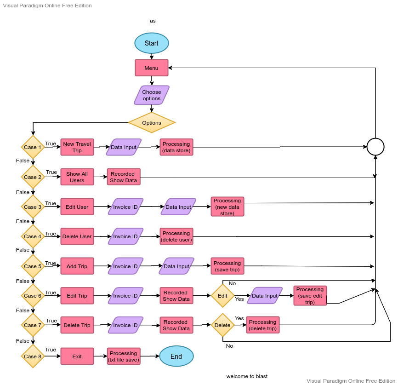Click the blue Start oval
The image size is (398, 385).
151,43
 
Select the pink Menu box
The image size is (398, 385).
151,68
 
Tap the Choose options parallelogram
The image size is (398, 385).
151,95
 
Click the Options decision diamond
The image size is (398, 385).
152,123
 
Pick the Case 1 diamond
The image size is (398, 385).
32,147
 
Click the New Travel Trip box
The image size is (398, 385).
77,147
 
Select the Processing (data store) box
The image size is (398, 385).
176,147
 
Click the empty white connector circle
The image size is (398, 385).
375,147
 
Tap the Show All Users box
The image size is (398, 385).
77,177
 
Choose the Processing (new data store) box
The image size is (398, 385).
227,207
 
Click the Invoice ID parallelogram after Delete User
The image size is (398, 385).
125,236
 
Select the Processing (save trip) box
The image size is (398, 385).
227,266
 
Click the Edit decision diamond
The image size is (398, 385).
222,296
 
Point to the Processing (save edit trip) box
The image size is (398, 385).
310,296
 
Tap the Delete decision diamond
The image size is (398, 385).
222,325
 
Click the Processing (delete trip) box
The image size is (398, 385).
262,325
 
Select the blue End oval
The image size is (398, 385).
176,356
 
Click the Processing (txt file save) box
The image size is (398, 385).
123,356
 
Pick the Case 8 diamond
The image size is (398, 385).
32,356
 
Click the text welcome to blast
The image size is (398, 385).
247,376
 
